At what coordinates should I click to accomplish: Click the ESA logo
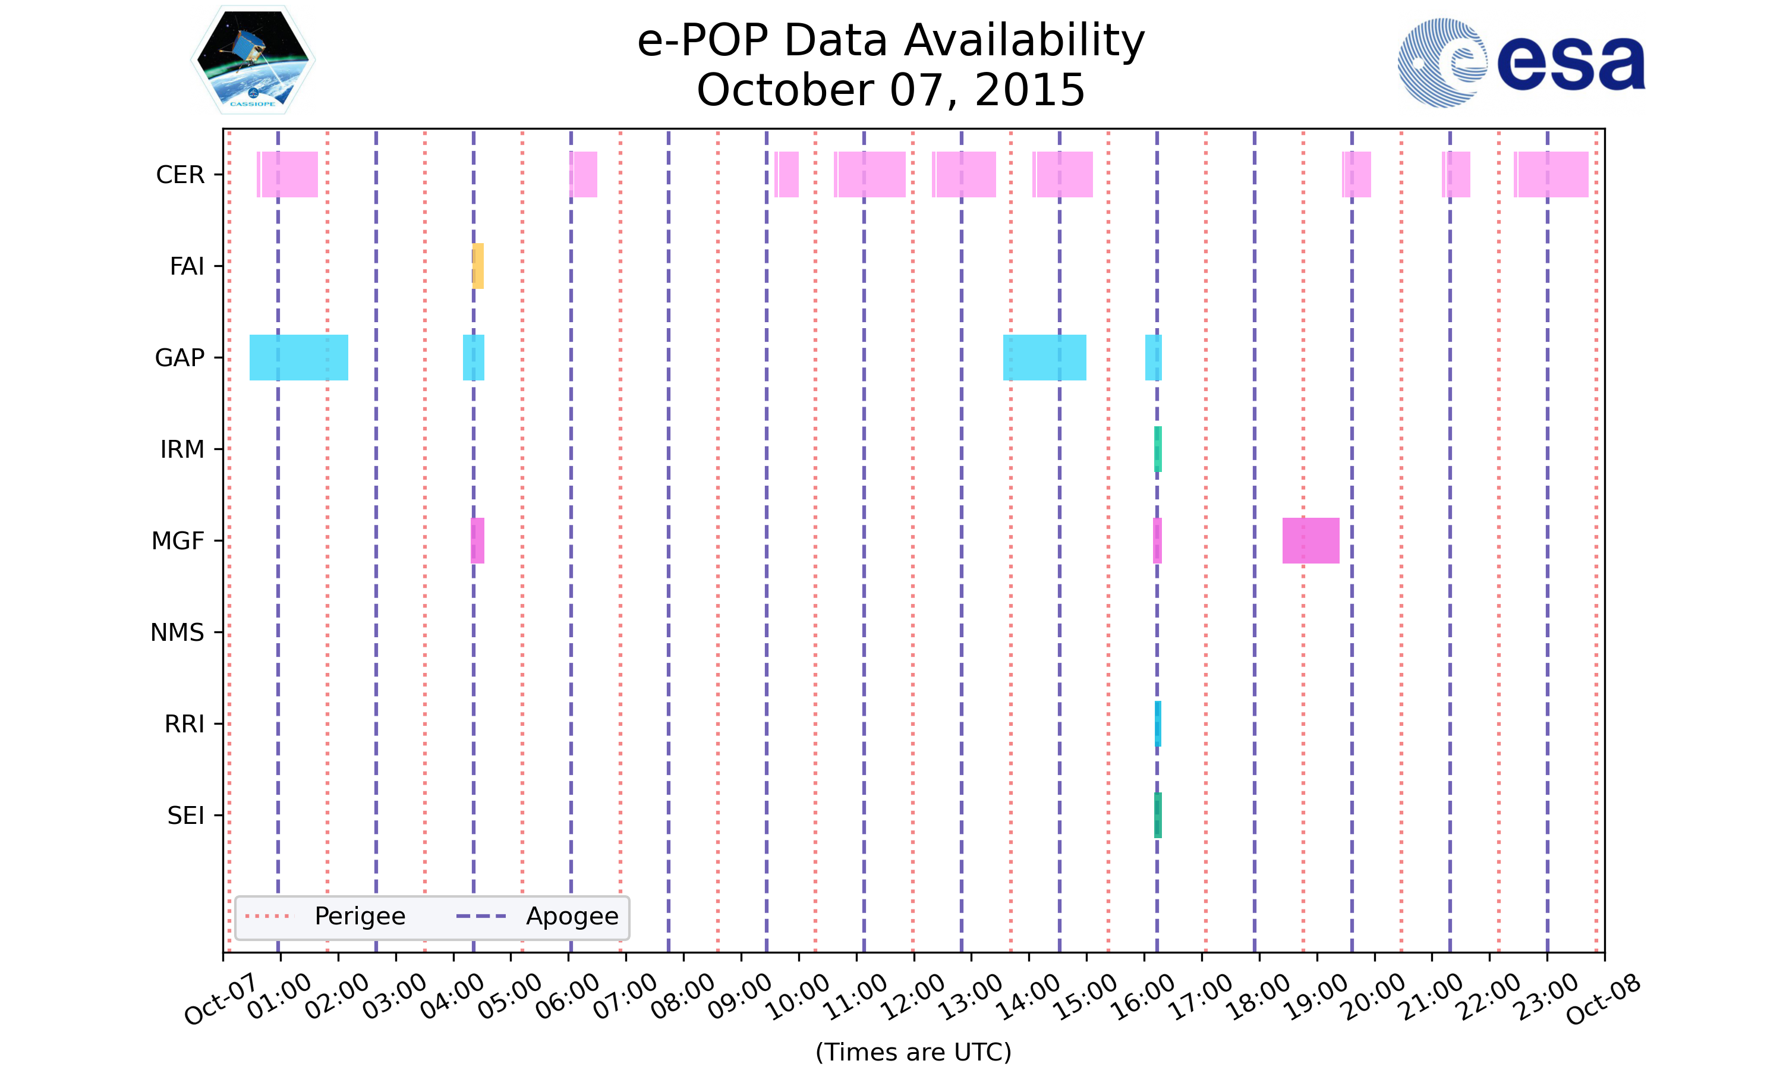(1521, 64)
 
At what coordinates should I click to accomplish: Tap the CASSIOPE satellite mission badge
(253, 61)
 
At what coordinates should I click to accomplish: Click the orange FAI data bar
(478, 266)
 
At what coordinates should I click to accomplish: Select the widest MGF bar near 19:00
(1311, 541)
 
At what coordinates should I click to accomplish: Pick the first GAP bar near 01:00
(298, 358)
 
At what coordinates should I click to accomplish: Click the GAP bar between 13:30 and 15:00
(1044, 358)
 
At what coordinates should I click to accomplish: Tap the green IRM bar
(1157, 449)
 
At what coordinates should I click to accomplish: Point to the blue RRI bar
(1157, 723)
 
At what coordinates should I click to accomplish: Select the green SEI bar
(1157, 815)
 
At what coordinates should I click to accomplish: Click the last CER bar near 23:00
(1551, 175)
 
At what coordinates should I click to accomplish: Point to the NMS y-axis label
(177, 632)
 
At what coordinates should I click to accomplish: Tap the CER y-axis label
(180, 175)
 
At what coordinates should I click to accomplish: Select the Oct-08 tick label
(1603, 999)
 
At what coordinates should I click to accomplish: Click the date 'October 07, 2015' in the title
(891, 90)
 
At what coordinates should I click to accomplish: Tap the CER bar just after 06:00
(583, 175)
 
